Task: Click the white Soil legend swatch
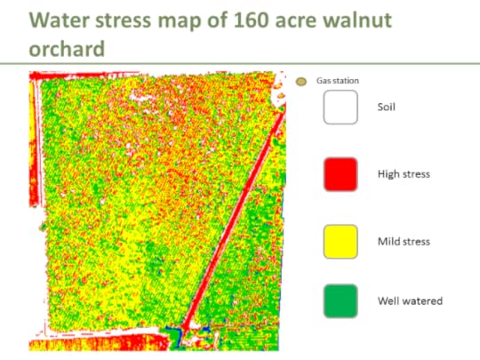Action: pos(340,108)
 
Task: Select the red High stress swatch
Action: pos(340,173)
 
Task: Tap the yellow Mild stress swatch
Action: pos(340,240)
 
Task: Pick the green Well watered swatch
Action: pos(340,300)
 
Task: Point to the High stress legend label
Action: pos(404,174)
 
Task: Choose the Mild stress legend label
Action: pos(404,241)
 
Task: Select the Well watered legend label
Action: pos(410,301)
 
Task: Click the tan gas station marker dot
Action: pos(300,82)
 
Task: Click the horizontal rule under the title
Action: pos(240,64)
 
